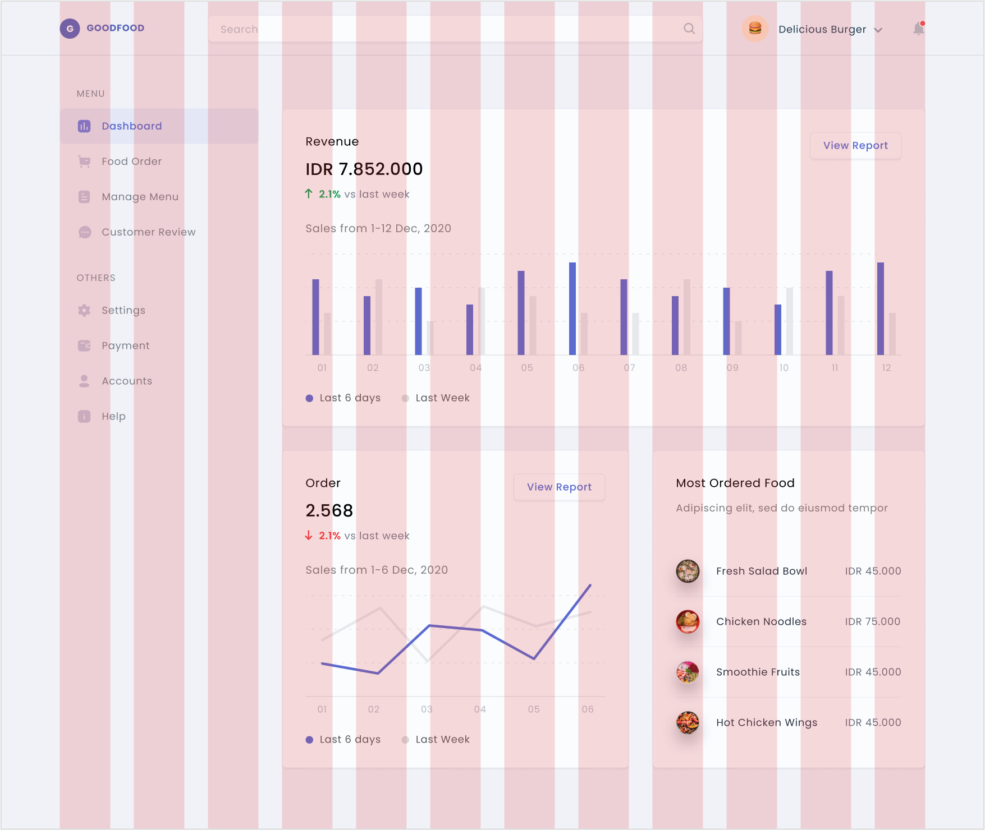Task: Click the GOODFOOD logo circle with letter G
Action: tap(70, 29)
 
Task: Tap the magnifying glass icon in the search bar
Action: tap(689, 29)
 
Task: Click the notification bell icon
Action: tap(918, 29)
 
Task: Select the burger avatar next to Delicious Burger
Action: tap(755, 29)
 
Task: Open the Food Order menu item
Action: tap(131, 162)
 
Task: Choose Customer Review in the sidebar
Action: tap(148, 232)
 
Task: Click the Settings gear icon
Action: tap(84, 311)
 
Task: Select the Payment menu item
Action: tap(125, 346)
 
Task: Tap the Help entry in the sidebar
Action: tap(113, 417)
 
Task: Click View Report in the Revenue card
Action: tap(855, 146)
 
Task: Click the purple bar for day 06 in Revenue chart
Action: tap(572, 308)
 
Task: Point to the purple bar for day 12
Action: tap(881, 308)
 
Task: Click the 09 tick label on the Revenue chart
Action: tap(732, 368)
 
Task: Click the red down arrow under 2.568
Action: tap(309, 536)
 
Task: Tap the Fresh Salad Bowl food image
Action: tap(688, 571)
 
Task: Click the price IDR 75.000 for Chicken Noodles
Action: tap(872, 622)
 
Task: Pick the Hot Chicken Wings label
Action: tap(766, 723)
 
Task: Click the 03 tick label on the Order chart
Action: tap(427, 709)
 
